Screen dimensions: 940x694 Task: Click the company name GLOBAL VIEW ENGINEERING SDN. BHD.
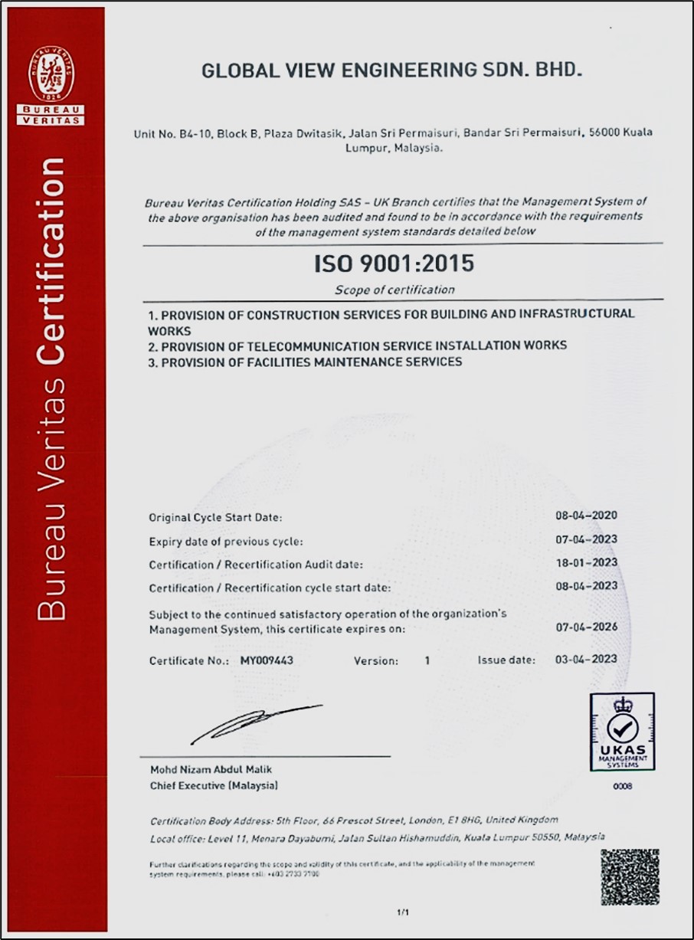pos(391,71)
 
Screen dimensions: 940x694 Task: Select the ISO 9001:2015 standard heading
pos(394,264)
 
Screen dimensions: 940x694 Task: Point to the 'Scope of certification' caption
pos(394,290)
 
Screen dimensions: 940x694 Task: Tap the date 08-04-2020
pos(586,516)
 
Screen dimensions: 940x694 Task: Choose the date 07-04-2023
pos(586,539)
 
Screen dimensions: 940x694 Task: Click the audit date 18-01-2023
pos(586,562)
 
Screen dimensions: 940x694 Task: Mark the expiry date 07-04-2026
pos(586,627)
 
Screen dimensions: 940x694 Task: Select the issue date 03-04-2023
pos(586,659)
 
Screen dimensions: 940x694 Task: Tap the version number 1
pos(427,660)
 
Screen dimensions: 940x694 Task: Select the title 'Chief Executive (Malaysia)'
pos(214,786)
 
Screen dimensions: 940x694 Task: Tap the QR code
pos(630,877)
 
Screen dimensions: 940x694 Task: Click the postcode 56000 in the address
pos(604,132)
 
